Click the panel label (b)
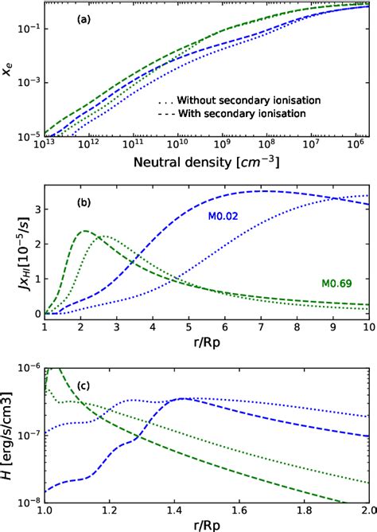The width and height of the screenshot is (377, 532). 83,202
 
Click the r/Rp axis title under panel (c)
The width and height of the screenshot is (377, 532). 206,526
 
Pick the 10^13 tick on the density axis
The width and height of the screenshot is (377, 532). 45,147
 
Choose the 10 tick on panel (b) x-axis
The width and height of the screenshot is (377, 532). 367,327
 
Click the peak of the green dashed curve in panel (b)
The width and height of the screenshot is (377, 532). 84,231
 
